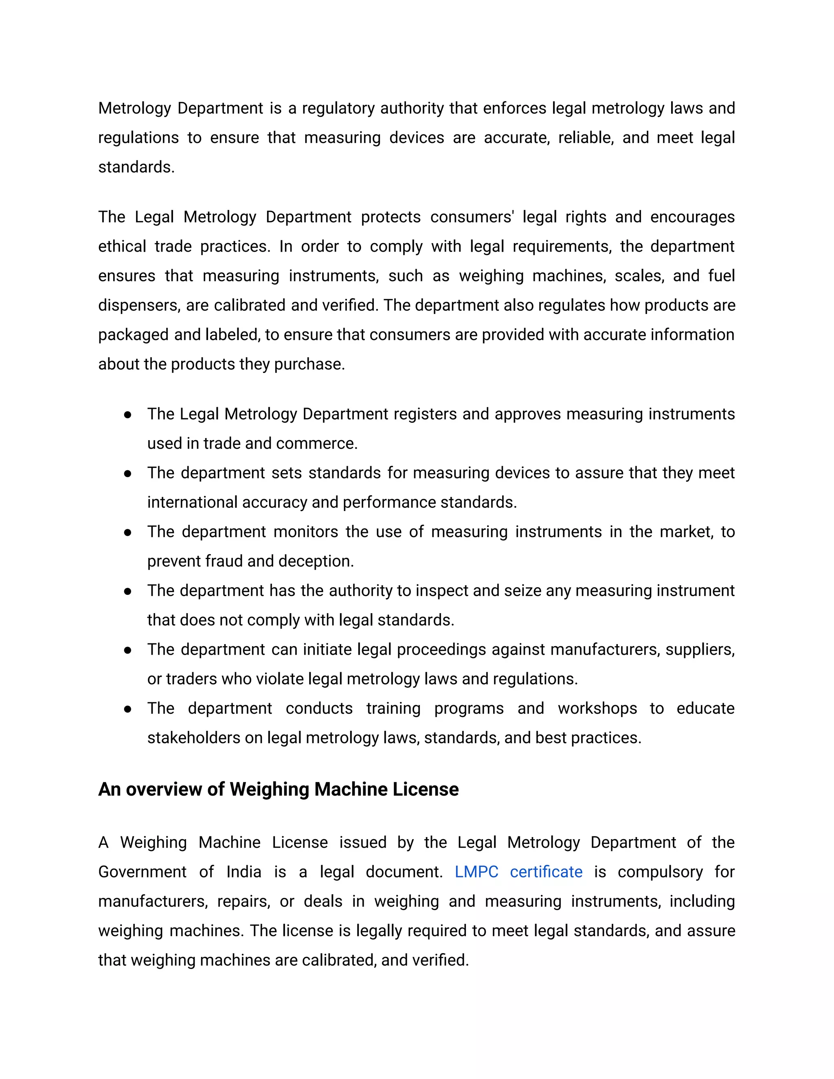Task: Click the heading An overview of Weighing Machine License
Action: (278, 790)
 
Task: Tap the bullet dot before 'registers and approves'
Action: (127, 414)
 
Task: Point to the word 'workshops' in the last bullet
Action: (597, 708)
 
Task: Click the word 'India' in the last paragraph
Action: (244, 872)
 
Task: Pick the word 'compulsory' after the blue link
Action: (660, 872)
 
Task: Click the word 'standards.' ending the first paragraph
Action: (136, 167)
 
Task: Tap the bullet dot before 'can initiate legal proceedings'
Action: (127, 650)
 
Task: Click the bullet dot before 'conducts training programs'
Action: (127, 709)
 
